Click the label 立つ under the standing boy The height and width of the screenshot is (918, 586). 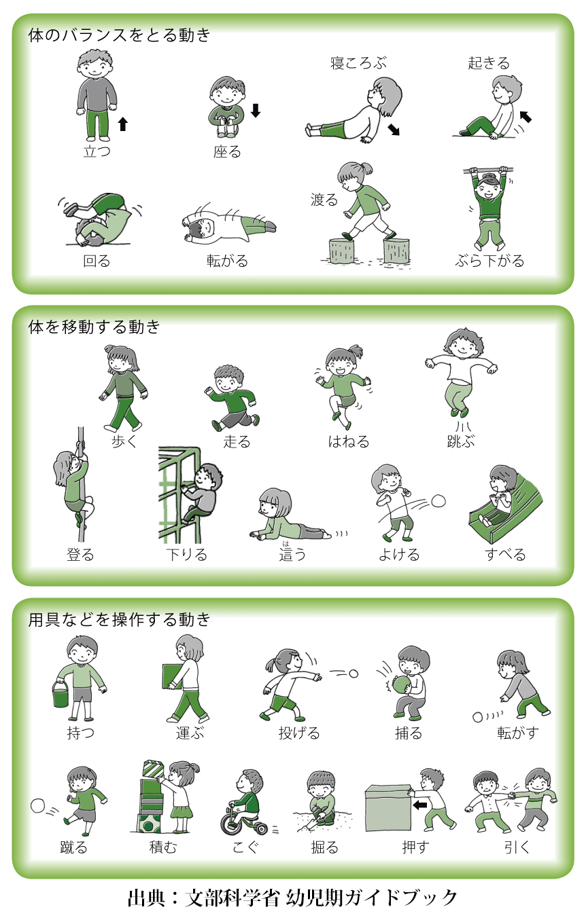coord(97,151)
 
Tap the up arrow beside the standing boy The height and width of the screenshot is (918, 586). coord(122,124)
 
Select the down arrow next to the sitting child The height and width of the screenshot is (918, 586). coord(255,110)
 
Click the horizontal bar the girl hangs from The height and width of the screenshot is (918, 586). coord(488,169)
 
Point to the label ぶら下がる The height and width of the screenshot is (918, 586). coord(489,261)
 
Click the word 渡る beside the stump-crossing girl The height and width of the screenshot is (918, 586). coord(324,200)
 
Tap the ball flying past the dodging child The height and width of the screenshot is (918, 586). coord(438,501)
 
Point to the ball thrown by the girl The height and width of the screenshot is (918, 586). coord(354,674)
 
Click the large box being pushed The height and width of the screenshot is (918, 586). coord(387,808)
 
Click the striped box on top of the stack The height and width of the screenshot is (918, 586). coord(154,770)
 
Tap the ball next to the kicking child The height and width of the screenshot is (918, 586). coord(38,806)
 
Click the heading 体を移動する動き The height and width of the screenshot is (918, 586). coord(94,327)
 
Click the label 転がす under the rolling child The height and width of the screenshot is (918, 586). coord(518,732)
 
